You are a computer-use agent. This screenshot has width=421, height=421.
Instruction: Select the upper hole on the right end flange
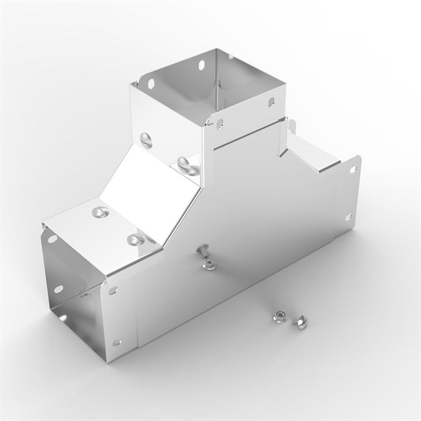[x=353, y=170]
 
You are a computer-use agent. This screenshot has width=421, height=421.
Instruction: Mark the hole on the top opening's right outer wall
[x=271, y=103]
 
